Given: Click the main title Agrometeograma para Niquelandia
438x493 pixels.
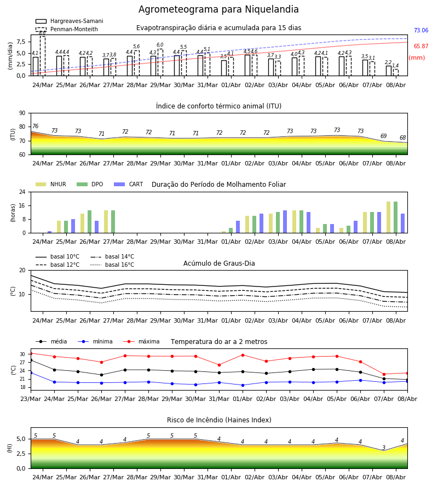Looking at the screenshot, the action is tap(218, 9).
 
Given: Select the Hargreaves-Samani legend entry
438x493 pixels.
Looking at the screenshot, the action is tap(69, 21).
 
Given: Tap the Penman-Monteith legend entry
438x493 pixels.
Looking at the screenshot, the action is tap(67, 29).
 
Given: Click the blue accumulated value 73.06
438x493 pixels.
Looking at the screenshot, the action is tap(421, 31).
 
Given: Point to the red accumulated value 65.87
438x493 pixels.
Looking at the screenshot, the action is tap(421, 46).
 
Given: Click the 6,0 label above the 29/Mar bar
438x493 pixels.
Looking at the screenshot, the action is tap(160, 45).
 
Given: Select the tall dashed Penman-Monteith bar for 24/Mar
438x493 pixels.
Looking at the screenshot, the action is tap(43, 56).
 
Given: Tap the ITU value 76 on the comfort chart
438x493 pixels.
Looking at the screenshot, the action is tap(35, 126).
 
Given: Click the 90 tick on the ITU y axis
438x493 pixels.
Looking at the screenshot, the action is tap(22, 113).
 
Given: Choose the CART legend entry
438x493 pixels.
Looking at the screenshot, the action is tap(128, 184).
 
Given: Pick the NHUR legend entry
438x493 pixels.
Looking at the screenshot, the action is tap(51, 184).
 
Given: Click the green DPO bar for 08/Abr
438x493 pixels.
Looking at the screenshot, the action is tap(396, 217).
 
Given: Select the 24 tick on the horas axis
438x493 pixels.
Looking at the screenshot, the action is tap(22, 192).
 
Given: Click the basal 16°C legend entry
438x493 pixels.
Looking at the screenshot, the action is tap(112, 265).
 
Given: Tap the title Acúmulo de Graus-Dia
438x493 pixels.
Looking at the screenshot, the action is tap(219, 263).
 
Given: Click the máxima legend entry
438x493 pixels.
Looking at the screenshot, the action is tap(141, 341).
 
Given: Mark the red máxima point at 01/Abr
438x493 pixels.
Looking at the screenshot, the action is tap(243, 355).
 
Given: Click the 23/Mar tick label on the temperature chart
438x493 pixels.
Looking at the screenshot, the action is tap(31, 399).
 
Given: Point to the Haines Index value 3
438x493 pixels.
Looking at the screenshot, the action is tap(384, 448).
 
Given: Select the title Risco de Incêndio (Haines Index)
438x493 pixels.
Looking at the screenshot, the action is tap(219, 420).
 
